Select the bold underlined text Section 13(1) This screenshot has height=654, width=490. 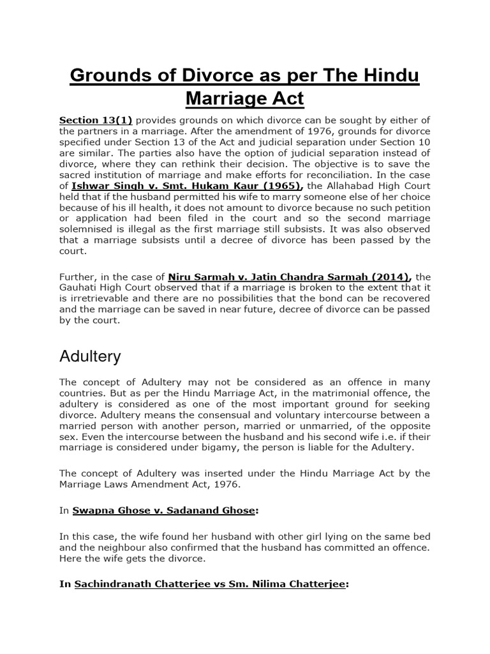click(96, 120)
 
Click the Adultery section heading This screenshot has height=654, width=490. click(90, 356)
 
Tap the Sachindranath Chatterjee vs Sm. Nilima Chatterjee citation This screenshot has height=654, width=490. click(210, 584)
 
